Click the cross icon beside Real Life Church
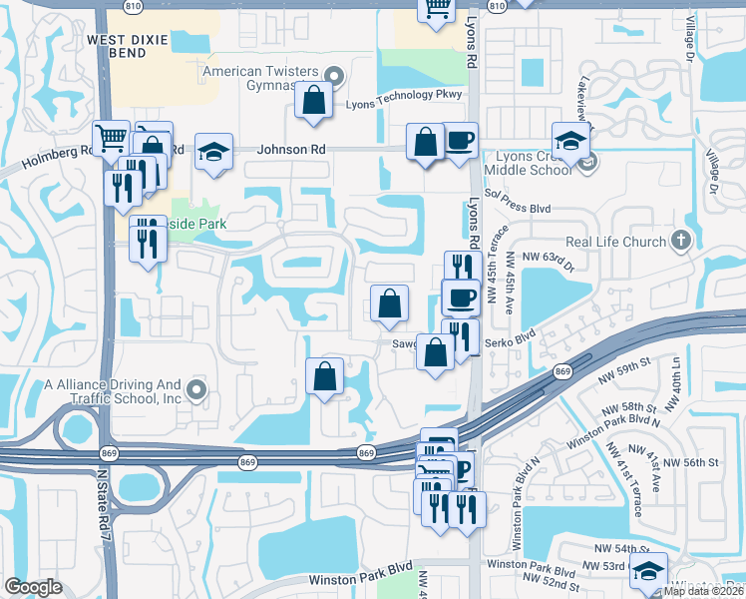tap(680, 240)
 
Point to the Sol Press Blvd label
tap(518, 209)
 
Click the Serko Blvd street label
tap(511, 342)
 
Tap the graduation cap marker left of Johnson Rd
tap(213, 152)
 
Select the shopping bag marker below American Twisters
tap(314, 101)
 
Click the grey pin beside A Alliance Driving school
tap(196, 390)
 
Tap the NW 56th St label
tap(691, 462)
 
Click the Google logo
tap(33, 587)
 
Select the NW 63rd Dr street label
tap(559, 265)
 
